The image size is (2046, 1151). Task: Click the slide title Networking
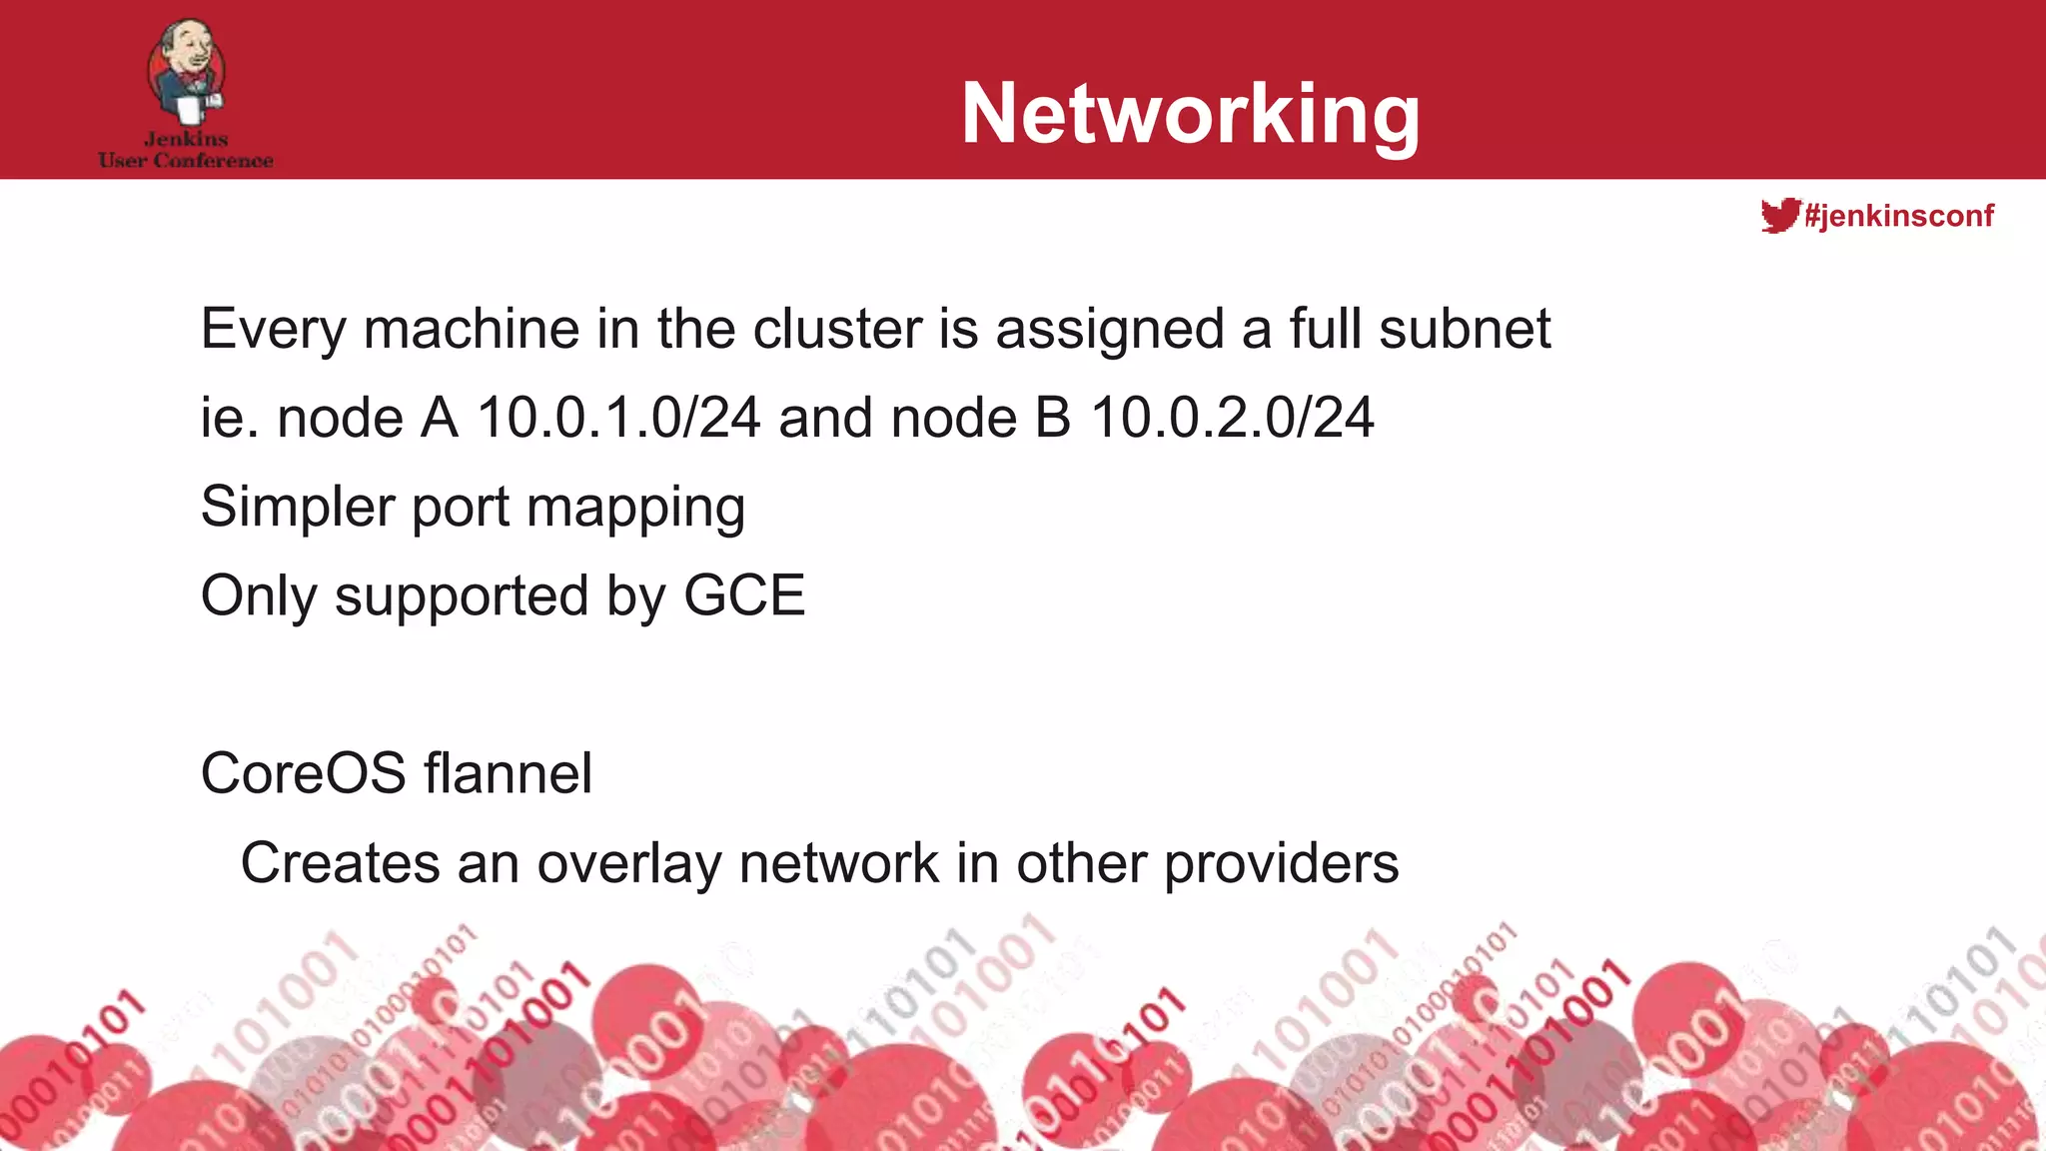pyautogui.click(x=1190, y=114)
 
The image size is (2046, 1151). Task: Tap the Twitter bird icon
pyautogui.click(x=1779, y=215)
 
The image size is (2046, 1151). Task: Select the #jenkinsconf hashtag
pyautogui.click(x=1899, y=215)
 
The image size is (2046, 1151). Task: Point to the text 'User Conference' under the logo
pyautogui.click(x=186, y=161)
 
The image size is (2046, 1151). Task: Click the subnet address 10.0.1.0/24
pyautogui.click(x=618, y=418)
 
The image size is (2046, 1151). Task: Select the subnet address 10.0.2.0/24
pyautogui.click(x=1232, y=418)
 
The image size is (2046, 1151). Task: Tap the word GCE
pyautogui.click(x=744, y=595)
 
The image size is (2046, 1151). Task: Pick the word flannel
pyautogui.click(x=508, y=773)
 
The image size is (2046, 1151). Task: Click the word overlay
pyautogui.click(x=629, y=864)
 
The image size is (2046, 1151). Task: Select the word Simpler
pyautogui.click(x=298, y=508)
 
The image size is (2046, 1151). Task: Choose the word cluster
pyautogui.click(x=836, y=329)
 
